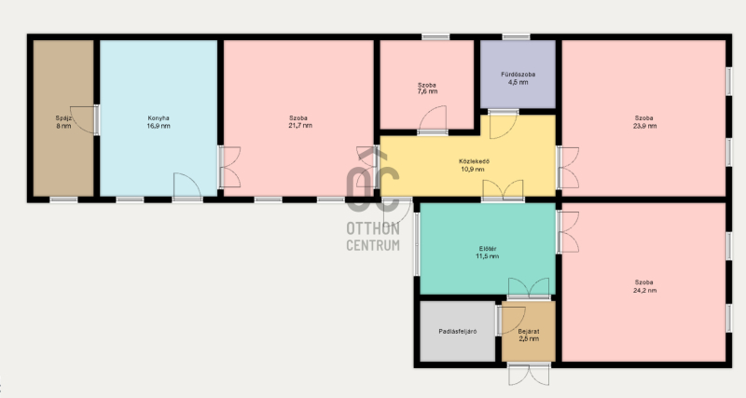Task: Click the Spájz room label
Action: tap(62, 118)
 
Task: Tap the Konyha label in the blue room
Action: tap(159, 118)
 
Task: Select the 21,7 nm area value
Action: tap(300, 126)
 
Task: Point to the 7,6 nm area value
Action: tap(427, 91)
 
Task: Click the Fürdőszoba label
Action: tap(518, 75)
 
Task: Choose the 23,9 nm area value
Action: tap(644, 126)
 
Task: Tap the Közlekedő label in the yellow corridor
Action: tap(474, 161)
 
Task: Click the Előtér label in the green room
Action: tap(488, 248)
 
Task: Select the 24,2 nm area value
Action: tap(644, 290)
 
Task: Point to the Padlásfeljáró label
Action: tap(458, 332)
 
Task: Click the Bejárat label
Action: tap(529, 332)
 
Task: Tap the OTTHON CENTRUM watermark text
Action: tap(373, 237)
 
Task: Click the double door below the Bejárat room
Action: tap(529, 374)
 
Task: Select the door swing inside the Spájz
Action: tap(84, 119)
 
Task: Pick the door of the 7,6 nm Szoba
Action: tap(433, 119)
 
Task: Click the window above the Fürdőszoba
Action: tap(517, 36)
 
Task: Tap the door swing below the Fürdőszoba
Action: tap(504, 125)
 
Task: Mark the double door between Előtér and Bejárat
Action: tap(529, 288)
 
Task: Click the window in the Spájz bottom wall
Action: tap(63, 199)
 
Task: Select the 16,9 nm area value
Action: tap(159, 126)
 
